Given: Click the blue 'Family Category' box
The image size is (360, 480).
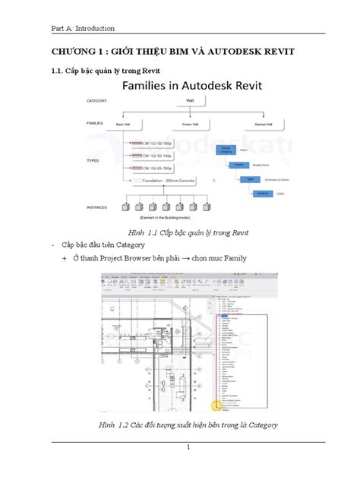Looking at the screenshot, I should tap(225, 150).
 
